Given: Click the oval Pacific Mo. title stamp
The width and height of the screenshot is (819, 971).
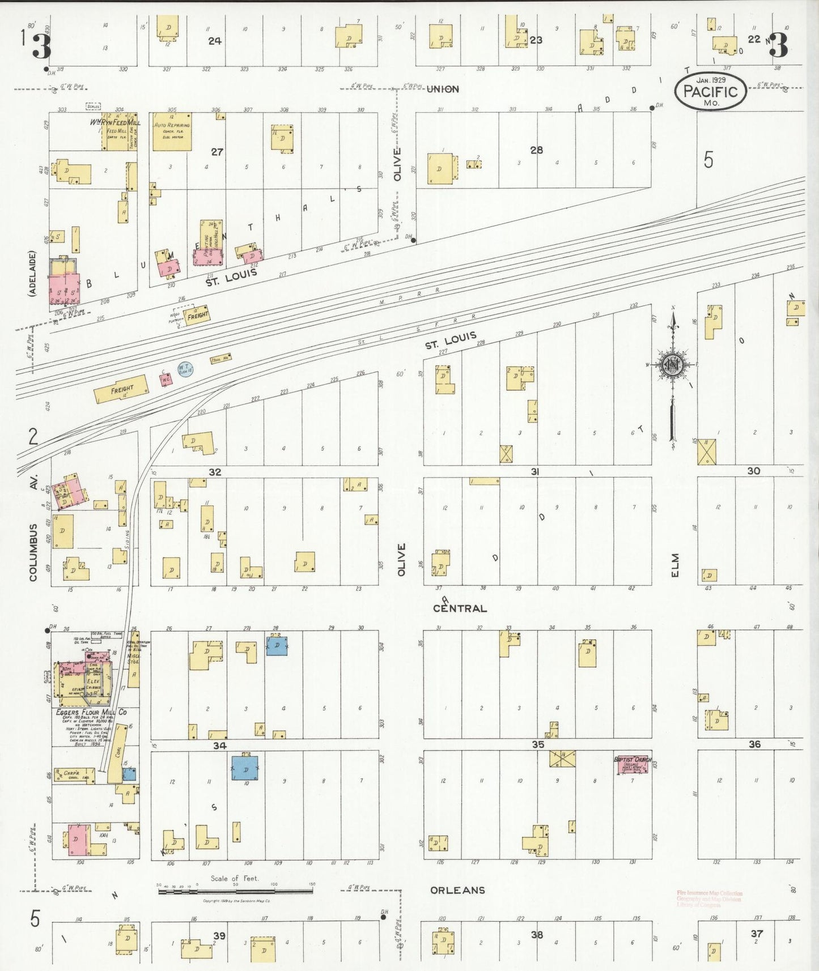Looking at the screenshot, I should click(710, 91).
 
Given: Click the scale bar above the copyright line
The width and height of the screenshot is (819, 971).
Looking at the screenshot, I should click(235, 891).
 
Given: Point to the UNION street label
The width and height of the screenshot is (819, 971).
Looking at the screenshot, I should click(443, 89).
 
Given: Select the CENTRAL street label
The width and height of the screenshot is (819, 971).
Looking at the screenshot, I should click(460, 608).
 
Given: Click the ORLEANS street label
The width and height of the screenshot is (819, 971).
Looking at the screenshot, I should click(457, 890).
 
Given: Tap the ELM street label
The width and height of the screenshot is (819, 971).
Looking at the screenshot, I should click(674, 565).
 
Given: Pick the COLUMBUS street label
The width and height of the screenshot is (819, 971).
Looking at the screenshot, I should click(33, 552).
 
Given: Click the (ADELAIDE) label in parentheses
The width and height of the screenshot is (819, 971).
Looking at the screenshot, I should click(32, 274).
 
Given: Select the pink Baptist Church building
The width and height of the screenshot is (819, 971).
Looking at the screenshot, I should click(633, 765).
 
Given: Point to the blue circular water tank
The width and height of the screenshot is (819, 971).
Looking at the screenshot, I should click(184, 369).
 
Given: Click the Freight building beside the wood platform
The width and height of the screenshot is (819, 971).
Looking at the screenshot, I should click(196, 315).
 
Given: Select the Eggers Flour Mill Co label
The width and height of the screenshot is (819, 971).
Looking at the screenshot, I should click(91, 712).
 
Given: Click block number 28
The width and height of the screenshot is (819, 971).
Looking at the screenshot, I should click(536, 150).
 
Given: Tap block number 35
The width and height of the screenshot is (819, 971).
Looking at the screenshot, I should click(537, 744).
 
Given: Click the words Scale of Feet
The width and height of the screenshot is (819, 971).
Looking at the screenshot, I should click(235, 879).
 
